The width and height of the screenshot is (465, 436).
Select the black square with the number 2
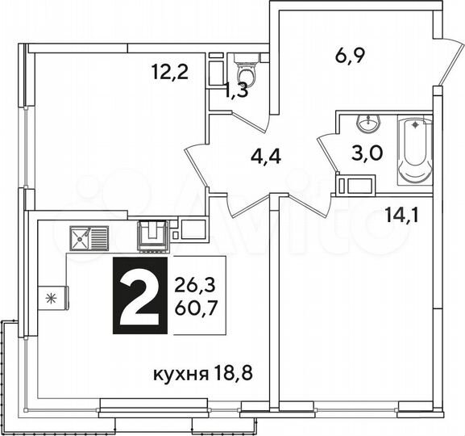(x=139, y=296)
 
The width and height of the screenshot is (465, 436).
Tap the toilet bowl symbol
(x=247, y=71)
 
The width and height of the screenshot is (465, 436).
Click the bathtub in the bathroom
(x=414, y=150)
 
